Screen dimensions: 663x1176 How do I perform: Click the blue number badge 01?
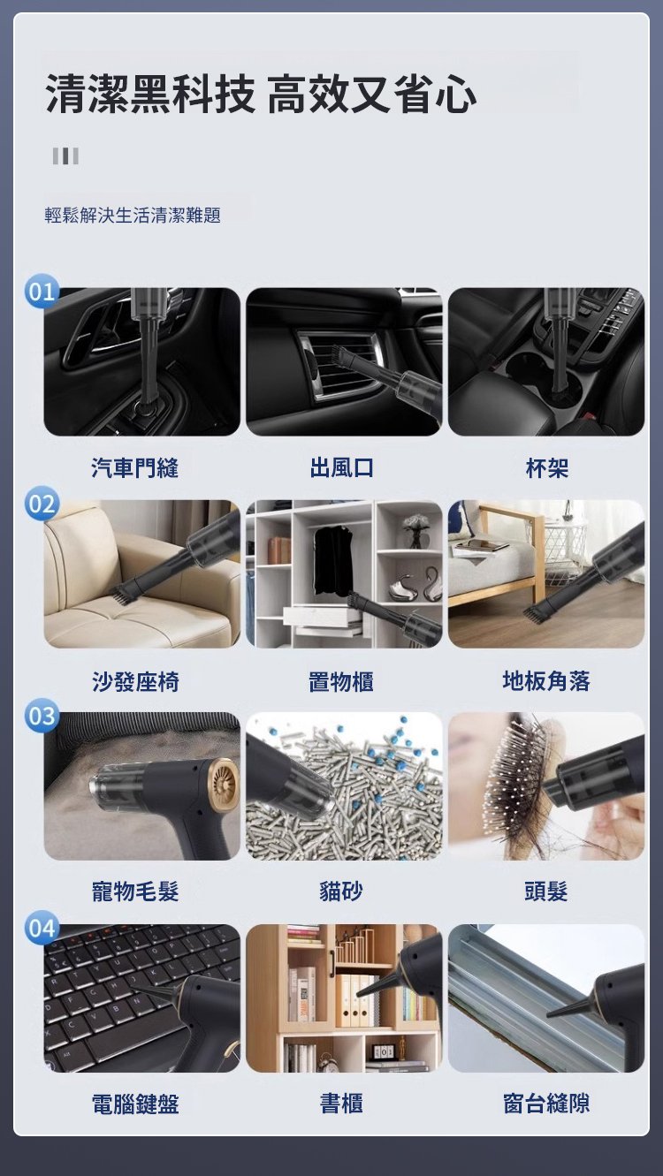tap(42, 292)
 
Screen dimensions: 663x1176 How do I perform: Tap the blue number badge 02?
tap(42, 504)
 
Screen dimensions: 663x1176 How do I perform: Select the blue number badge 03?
tap(42, 716)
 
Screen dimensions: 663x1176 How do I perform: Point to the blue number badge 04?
tap(42, 929)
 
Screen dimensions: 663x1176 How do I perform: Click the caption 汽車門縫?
tap(135, 467)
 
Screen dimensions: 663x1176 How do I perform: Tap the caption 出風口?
tap(341, 467)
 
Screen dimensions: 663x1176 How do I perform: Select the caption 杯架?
tap(547, 467)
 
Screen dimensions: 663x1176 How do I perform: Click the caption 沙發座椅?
tap(135, 681)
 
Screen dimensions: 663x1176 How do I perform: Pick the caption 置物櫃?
tap(341, 681)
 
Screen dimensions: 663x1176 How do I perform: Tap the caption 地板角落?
tap(546, 681)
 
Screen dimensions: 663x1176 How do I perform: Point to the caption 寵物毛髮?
tap(135, 891)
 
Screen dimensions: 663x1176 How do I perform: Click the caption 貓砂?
tap(341, 891)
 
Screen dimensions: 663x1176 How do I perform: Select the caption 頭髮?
tap(546, 891)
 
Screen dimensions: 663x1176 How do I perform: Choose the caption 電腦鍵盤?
tap(135, 1104)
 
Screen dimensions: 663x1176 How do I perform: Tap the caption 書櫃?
tap(341, 1104)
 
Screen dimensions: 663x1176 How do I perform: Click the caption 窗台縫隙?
tap(546, 1104)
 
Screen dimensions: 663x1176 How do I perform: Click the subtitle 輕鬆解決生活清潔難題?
tap(133, 216)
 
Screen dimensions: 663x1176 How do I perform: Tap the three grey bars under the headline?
tap(65, 156)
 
